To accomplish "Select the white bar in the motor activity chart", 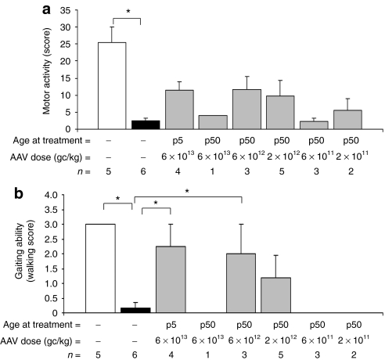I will tap(111, 86).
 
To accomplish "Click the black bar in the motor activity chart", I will tap(139, 124).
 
